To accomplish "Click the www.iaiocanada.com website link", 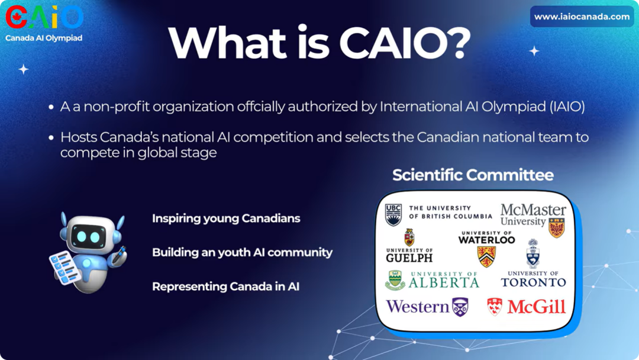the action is [x=582, y=17].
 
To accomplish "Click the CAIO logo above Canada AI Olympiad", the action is [x=44, y=17].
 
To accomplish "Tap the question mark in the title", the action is [x=456, y=42].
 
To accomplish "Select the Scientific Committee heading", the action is [x=473, y=175].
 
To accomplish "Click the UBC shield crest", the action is [x=393, y=215].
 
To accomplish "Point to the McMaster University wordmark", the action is [x=533, y=215].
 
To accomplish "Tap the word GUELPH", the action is [x=409, y=258].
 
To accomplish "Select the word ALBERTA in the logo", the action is [x=444, y=282].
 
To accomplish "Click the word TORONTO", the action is [x=534, y=282].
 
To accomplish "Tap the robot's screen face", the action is [x=88, y=236].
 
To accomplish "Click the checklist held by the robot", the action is [x=64, y=268].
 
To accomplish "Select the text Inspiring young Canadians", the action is [x=226, y=218].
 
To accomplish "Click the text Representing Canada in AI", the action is [x=226, y=287].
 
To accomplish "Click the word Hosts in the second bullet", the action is [x=78, y=137].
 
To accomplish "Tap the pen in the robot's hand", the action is [x=120, y=253].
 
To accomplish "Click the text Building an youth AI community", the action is [x=243, y=253].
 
